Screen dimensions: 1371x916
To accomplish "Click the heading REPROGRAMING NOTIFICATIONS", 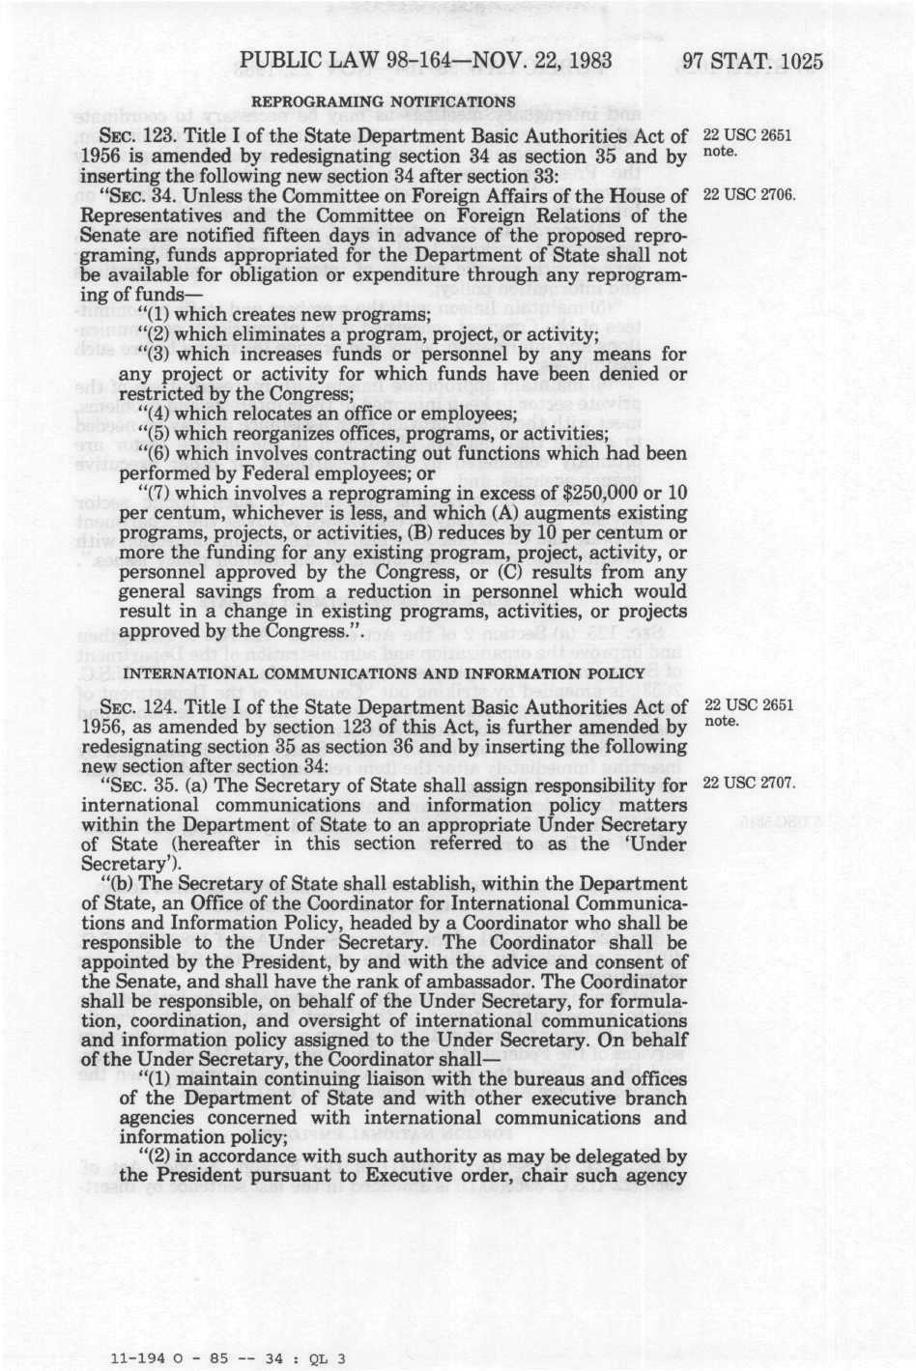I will point(384,101).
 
